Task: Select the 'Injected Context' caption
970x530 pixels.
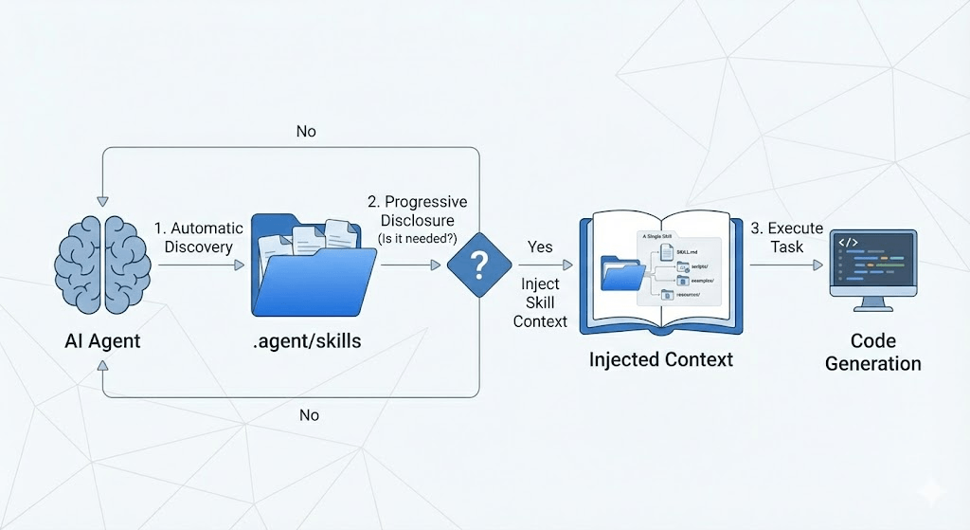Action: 661,360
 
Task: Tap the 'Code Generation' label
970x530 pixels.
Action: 872,352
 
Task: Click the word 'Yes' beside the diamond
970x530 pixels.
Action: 540,247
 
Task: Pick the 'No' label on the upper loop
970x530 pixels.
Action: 306,132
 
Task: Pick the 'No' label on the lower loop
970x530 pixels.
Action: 309,415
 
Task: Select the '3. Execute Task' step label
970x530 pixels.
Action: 786,238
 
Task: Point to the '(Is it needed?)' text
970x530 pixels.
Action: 418,239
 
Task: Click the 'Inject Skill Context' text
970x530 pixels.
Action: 540,302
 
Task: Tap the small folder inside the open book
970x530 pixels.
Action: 620,272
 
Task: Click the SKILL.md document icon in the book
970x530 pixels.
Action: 667,250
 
